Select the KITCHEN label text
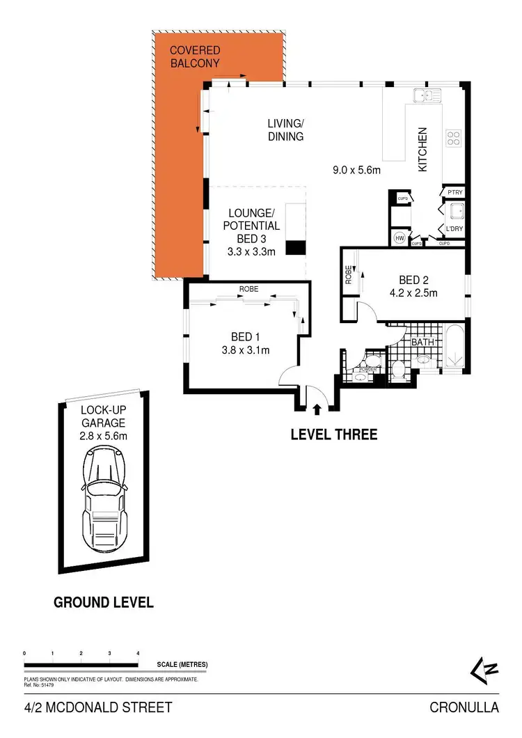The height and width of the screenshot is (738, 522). pos(422,150)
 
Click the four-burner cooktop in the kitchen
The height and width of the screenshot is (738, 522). pos(454,138)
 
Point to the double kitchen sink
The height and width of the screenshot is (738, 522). pos(424,95)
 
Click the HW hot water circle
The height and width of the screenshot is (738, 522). pos(400,237)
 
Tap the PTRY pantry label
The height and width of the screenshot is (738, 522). pos(456,192)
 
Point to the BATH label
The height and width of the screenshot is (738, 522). pos(422,343)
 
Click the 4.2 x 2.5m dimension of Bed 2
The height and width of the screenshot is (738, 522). pos(413,292)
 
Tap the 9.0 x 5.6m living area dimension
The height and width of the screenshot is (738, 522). pos(356,168)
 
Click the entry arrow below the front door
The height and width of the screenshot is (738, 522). pos(317,410)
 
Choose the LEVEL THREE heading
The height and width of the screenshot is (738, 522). pos(333,435)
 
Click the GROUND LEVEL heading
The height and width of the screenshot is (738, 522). pos(104,602)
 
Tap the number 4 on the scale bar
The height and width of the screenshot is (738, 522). pos(139,653)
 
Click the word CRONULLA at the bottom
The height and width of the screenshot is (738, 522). pos(464,708)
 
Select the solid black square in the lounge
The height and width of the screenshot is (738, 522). pos(296,247)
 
